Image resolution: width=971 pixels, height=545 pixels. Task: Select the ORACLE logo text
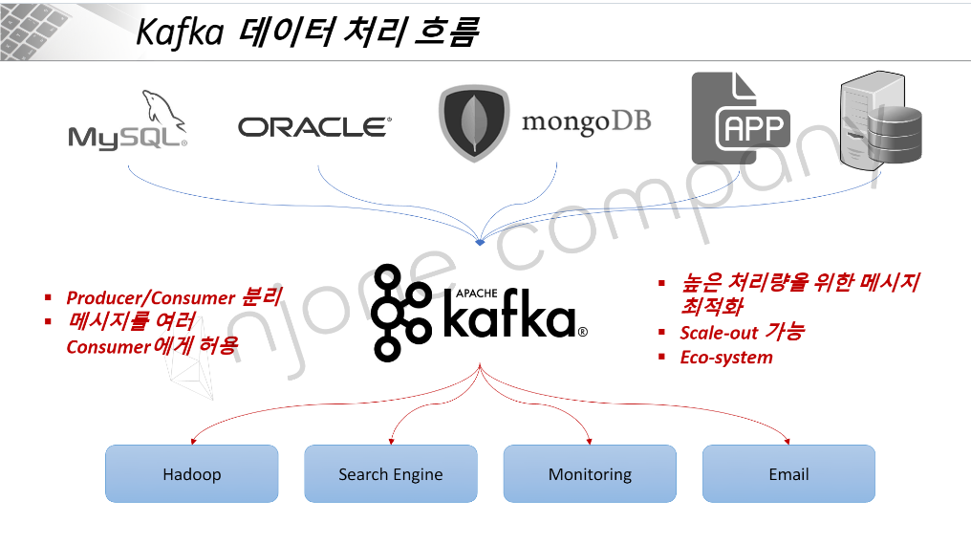tap(314, 126)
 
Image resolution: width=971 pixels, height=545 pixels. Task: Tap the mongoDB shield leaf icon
tap(474, 122)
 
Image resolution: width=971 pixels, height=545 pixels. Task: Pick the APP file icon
tap(740, 119)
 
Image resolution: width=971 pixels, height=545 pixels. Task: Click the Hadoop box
tap(191, 473)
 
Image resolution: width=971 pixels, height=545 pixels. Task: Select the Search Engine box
tap(390, 473)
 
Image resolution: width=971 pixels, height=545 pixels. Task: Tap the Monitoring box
tap(590, 473)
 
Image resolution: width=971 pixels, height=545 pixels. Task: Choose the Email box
tap(788, 473)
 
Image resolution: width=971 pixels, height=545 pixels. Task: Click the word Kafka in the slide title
tap(179, 33)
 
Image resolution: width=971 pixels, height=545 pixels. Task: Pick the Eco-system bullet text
tap(726, 358)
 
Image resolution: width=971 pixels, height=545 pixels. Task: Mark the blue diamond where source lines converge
tap(480, 242)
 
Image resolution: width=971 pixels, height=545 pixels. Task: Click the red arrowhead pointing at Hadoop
tap(192, 441)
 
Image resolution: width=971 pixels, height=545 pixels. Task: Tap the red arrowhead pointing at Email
tap(788, 441)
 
